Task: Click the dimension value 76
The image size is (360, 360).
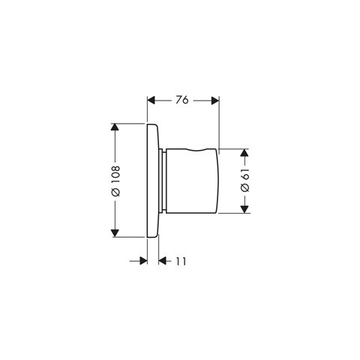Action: [x=182, y=99]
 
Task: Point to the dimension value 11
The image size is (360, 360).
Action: [x=181, y=261]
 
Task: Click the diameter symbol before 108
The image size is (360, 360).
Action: [x=115, y=194]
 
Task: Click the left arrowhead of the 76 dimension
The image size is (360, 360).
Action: [x=151, y=99]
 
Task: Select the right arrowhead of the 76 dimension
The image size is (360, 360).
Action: [x=214, y=99]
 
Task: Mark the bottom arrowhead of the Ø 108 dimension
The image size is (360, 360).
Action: [x=115, y=231]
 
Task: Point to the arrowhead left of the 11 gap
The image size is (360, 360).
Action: [x=142, y=261]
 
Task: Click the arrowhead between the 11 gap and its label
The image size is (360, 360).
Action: [x=164, y=261]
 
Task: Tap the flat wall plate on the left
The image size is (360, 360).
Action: [x=152, y=180]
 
